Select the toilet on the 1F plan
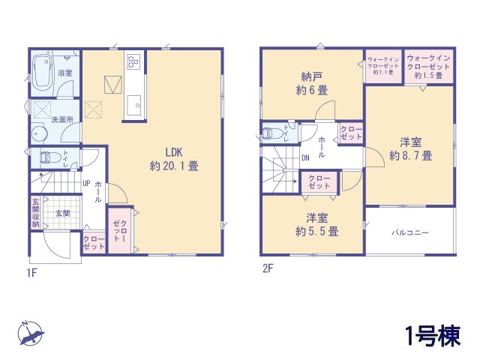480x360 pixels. coord(49,158)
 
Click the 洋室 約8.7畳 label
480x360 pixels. coord(410,149)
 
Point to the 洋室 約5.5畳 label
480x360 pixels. coord(316,225)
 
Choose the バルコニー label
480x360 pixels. coord(409,232)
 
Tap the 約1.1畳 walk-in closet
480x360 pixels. coord(383,66)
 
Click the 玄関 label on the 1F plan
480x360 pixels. coord(61,213)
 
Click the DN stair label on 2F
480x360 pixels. coord(306,158)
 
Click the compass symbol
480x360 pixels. coord(31,333)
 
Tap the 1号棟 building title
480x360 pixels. coord(433,335)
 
